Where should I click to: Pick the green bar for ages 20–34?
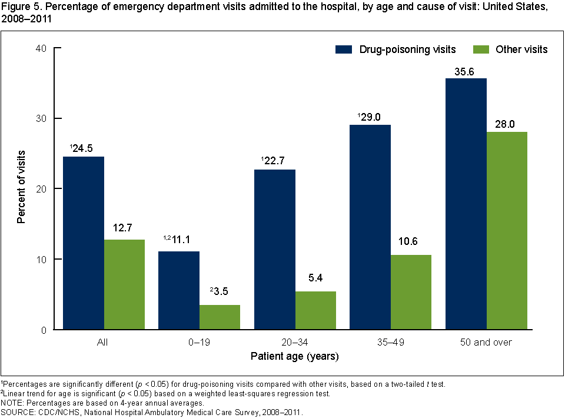(x=315, y=310)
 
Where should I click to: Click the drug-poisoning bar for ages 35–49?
(x=370, y=227)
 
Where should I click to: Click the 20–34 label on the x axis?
(x=295, y=342)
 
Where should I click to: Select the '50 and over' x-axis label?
(x=486, y=342)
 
